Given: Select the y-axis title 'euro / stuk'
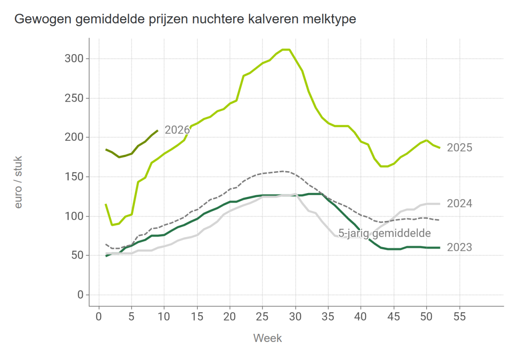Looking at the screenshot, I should (18, 182).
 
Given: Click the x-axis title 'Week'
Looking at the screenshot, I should (267, 338).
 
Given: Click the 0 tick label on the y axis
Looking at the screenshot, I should (80, 295).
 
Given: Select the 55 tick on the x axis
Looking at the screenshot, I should (459, 317).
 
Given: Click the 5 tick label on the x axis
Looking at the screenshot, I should (132, 317).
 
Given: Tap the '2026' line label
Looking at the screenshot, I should (177, 130).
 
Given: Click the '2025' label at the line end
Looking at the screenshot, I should (459, 148).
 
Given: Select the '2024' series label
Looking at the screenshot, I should (459, 204).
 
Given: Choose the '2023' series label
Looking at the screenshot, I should (459, 248).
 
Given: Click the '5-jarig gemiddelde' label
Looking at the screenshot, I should (384, 233).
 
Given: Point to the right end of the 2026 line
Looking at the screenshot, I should (158, 130).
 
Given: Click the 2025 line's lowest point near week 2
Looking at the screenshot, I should (112, 225).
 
